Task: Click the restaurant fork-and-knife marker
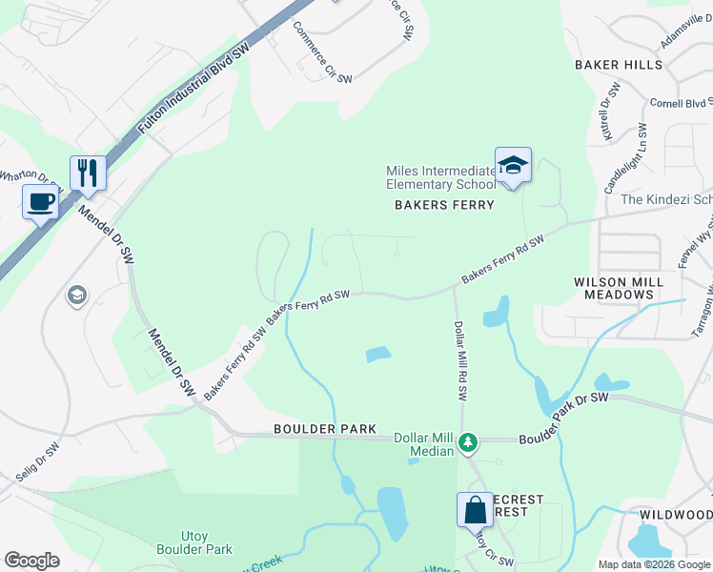[x=88, y=174]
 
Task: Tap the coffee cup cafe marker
[x=41, y=202]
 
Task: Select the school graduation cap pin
[x=513, y=165]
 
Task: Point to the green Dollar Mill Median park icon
[x=467, y=441]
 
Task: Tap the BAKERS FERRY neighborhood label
[x=445, y=205]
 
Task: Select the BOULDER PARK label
[x=324, y=430]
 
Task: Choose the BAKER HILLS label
[x=618, y=65]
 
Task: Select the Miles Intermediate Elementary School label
[x=440, y=177]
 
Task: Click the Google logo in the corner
[x=31, y=561]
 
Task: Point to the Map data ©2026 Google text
[x=653, y=564]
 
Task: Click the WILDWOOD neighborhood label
[x=675, y=515]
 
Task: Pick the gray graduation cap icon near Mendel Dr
[x=75, y=296]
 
